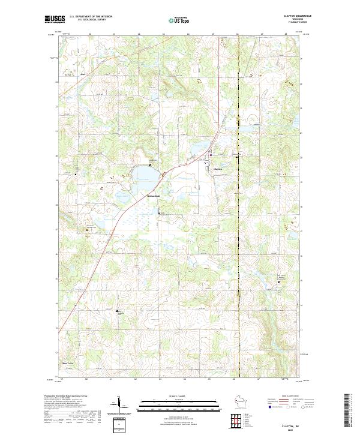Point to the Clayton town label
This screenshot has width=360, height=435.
click(218, 169)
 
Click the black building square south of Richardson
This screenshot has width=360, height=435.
click(159, 212)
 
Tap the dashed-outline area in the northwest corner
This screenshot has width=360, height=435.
click(71, 74)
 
